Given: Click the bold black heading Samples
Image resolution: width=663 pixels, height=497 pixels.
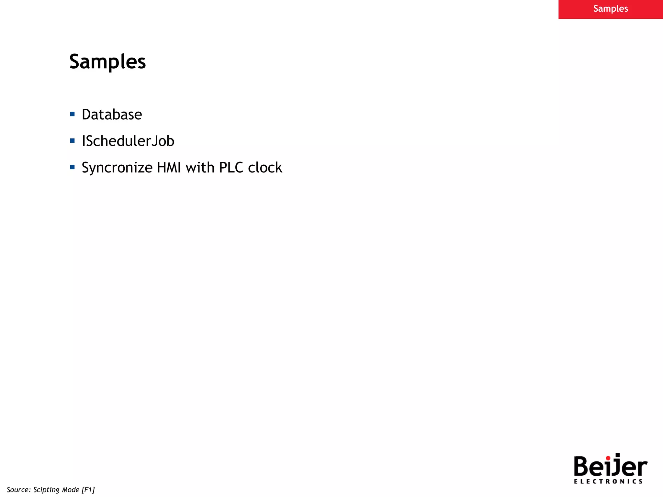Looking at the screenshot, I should coord(107,62).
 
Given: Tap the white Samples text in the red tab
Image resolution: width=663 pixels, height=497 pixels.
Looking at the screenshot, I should coord(611,9).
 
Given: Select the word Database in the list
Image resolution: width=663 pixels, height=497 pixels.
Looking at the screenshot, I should coord(112,115).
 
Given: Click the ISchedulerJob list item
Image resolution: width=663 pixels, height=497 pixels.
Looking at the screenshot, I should coord(128,141).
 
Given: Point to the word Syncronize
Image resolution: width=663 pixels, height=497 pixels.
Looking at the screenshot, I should coord(117,168).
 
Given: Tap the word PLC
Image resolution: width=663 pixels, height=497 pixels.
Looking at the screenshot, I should coord(231,168).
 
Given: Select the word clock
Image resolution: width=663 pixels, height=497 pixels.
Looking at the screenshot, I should coord(265,168).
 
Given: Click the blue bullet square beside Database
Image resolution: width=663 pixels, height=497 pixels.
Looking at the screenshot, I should coord(72,114).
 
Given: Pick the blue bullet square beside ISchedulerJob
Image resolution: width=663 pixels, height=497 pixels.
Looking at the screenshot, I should coord(72,140).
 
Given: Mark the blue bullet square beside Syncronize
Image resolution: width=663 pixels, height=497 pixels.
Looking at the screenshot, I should coord(72,167).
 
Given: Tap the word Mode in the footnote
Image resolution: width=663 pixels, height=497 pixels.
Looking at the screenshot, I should coord(71,490).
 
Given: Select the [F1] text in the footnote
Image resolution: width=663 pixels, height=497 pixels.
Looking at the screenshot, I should coord(88,490).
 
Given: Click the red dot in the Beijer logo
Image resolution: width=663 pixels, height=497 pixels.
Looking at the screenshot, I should coord(608,458).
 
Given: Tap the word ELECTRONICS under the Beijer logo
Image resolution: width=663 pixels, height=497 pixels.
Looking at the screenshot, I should coord(608,481).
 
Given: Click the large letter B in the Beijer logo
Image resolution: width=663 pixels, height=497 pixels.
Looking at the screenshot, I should coord(582,466).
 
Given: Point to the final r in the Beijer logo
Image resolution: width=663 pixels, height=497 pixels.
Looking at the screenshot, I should coord(642,468).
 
